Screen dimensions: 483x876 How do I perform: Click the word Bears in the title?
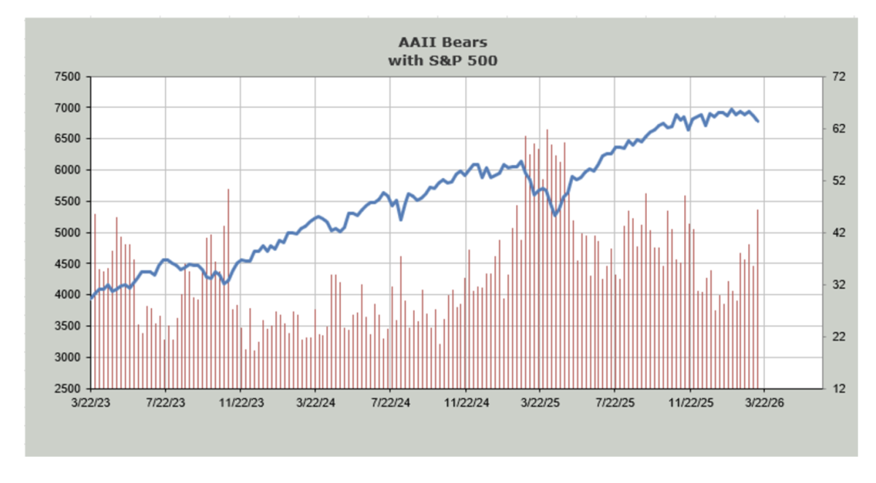click(464, 42)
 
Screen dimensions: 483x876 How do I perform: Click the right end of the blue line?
click(758, 121)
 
